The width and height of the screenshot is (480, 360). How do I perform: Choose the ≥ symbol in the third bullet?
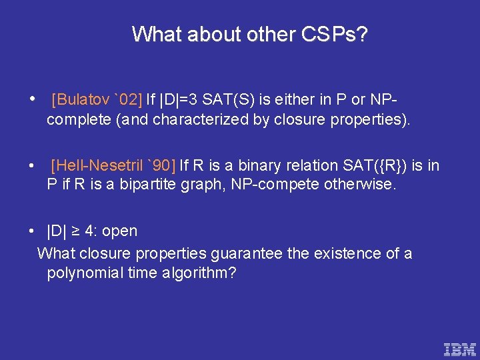point(75,231)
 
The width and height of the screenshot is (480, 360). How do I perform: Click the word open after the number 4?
point(120,231)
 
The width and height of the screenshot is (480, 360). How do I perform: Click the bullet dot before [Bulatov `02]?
point(33,99)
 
